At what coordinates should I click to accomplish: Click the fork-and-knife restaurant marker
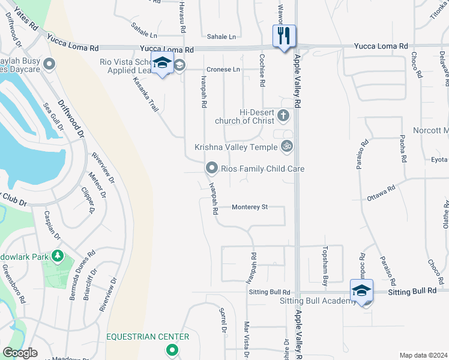click(x=283, y=35)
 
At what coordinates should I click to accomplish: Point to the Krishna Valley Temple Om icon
click(x=287, y=146)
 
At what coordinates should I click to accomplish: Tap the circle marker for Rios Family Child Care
click(x=211, y=168)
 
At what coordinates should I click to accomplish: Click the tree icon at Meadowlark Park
click(x=57, y=257)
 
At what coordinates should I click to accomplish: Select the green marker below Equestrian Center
click(x=172, y=350)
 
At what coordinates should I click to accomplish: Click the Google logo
click(x=20, y=353)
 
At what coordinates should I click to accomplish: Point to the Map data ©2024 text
click(x=423, y=355)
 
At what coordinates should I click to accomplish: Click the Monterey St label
click(x=249, y=207)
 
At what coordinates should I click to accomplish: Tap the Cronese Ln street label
click(x=223, y=70)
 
